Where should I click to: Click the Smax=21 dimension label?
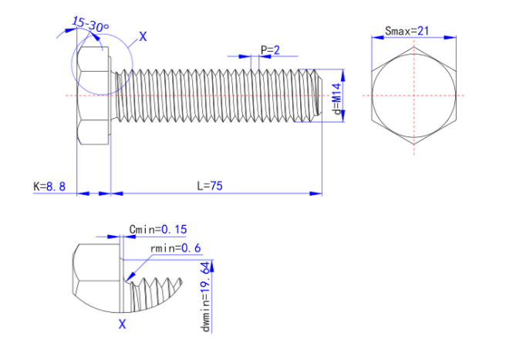[406, 32]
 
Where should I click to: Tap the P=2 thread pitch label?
[270, 50]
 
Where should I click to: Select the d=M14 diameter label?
[336, 99]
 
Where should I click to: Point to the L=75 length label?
[210, 186]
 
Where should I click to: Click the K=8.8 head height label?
[49, 187]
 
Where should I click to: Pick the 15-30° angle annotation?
[90, 24]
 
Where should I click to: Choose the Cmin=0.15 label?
[158, 229]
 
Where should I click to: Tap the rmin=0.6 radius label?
[175, 248]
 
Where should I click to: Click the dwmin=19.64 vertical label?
[206, 297]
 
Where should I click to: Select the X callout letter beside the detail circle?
[143, 36]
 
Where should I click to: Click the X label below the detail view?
[122, 325]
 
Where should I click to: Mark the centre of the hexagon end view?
[413, 96]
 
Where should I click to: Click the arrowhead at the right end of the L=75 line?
[316, 193]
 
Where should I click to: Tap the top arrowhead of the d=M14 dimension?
[343, 76]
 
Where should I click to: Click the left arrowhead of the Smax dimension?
[377, 38]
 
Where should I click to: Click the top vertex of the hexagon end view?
[413, 47]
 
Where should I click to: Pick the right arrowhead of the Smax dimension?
[450, 38]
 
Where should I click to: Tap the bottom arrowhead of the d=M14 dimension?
[343, 116]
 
